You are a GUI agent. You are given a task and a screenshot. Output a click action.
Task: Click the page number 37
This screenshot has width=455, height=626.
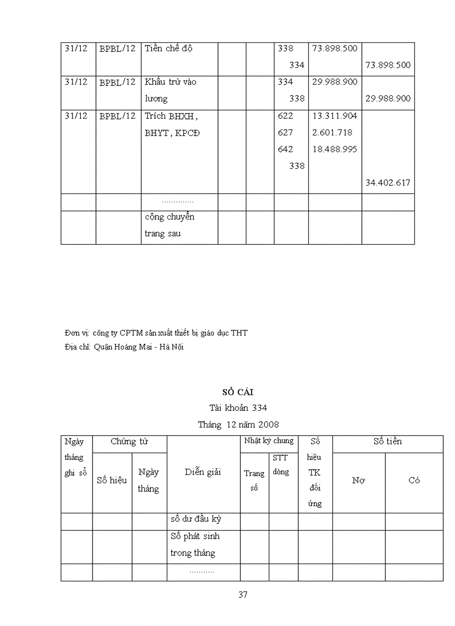point(243,594)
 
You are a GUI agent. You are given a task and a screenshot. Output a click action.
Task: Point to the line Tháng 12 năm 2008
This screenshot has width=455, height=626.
point(238,424)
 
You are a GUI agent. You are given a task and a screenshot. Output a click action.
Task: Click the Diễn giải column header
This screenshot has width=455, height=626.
point(203,472)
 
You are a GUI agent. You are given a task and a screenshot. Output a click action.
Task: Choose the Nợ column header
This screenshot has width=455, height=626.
point(359,481)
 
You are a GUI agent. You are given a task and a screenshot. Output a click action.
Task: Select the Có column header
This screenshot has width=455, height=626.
point(414,481)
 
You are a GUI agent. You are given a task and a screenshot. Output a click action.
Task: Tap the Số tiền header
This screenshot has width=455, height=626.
point(388,441)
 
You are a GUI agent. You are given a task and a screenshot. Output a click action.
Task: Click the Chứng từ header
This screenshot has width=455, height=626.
point(129,441)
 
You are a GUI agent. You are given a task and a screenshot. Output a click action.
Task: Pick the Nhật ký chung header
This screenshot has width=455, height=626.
point(269,441)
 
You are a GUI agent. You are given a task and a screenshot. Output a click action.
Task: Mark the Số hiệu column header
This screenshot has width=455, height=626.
point(112,480)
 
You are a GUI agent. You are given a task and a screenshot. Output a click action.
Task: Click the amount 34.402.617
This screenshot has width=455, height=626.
point(388,182)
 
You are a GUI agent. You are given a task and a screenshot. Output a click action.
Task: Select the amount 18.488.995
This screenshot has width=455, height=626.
point(335,149)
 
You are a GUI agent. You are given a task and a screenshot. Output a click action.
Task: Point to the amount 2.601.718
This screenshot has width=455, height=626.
point(332,133)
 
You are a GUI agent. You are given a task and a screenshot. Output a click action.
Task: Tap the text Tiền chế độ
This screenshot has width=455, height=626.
point(168,48)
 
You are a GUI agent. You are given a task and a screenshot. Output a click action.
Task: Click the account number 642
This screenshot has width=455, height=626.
point(285,149)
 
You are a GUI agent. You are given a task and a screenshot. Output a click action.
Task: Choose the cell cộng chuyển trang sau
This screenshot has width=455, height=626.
point(170,225)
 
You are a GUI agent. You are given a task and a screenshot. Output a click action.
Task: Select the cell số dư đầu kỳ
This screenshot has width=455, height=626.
point(196,519)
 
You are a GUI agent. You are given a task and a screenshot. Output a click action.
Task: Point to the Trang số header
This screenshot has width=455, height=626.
point(254,481)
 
